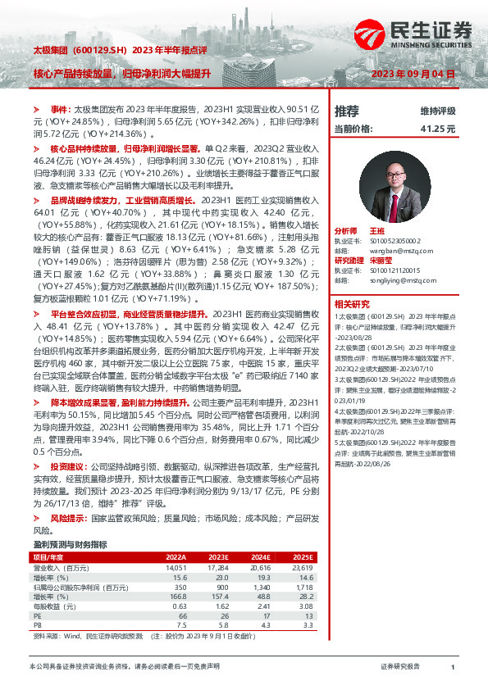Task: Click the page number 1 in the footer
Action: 452,667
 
